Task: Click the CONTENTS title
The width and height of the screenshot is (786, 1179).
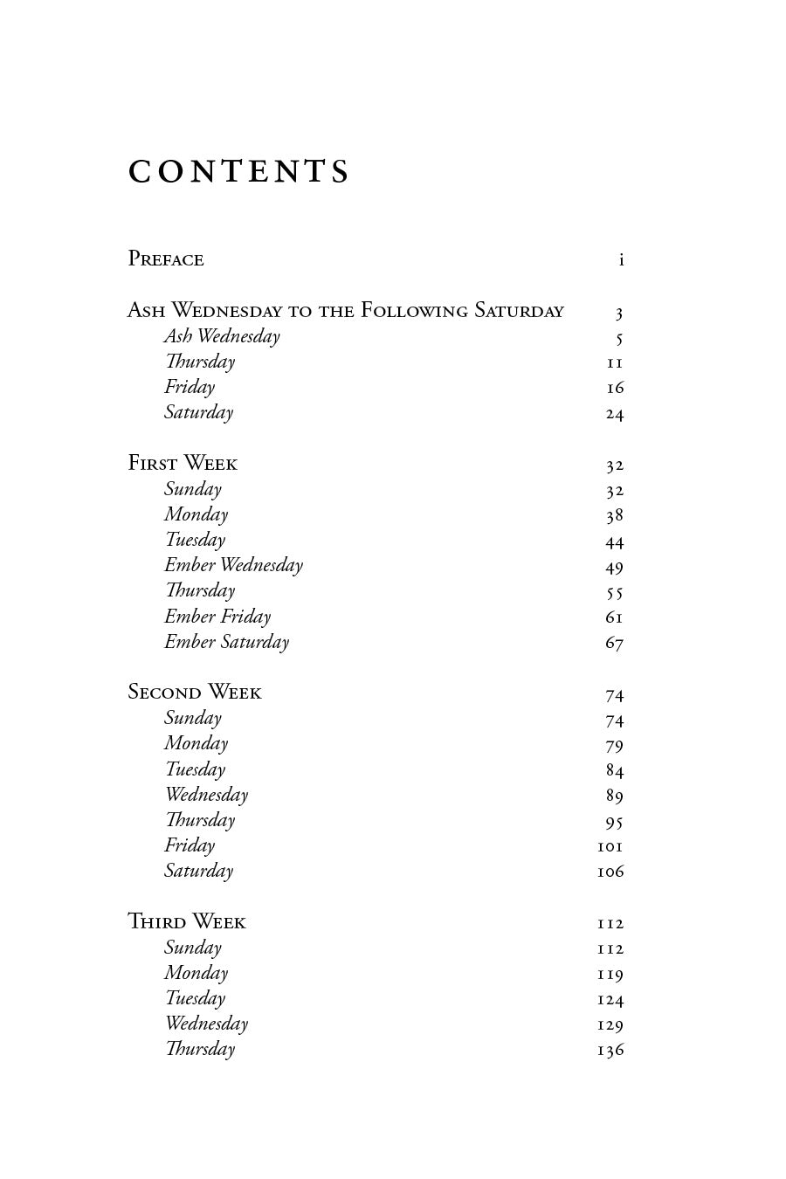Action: [238, 172]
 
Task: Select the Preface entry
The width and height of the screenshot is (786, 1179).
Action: [166, 259]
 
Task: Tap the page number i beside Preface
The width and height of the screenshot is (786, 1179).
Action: [621, 259]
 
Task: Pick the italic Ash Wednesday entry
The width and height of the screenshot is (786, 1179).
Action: [222, 336]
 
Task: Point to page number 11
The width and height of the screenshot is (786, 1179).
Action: [615, 362]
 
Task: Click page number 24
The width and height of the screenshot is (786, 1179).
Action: [615, 413]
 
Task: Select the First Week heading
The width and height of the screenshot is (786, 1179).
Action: [183, 464]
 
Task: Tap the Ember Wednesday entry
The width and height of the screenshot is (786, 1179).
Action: [233, 565]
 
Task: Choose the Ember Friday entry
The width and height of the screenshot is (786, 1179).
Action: [217, 617]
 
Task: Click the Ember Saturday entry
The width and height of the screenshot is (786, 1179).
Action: [226, 642]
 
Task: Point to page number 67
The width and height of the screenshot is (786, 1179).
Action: [615, 644]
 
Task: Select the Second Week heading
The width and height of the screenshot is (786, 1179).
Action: [195, 693]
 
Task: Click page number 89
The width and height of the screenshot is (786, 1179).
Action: [615, 796]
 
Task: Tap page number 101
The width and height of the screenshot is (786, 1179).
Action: [610, 846]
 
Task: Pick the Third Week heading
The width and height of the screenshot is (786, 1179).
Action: [187, 922]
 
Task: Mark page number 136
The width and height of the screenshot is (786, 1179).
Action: [610, 1050]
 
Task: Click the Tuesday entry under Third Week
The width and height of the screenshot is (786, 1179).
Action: [195, 998]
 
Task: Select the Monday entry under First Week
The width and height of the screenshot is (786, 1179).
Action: [196, 514]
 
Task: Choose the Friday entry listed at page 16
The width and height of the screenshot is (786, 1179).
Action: [189, 387]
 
